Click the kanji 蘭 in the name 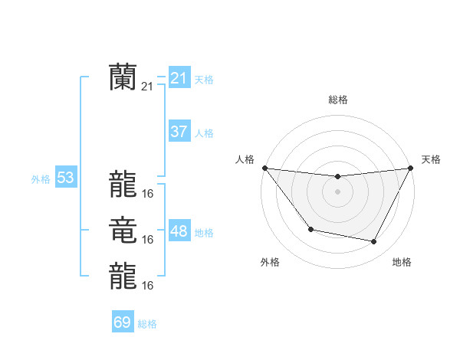(123, 77)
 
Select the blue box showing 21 (179, 78)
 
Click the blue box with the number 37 (179, 132)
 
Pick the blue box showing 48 (179, 231)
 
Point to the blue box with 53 (66, 178)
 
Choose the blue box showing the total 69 (123, 322)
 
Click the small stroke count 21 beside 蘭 (148, 87)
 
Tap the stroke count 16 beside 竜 (148, 240)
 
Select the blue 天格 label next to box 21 (204, 80)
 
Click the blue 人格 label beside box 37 (204, 133)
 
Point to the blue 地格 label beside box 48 (204, 233)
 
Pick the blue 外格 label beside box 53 (41, 180)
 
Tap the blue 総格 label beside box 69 (147, 324)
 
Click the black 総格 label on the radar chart (337, 100)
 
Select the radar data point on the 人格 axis (264, 168)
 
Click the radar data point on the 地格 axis (374, 242)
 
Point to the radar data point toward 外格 (310, 229)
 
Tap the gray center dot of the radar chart (337, 191)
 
